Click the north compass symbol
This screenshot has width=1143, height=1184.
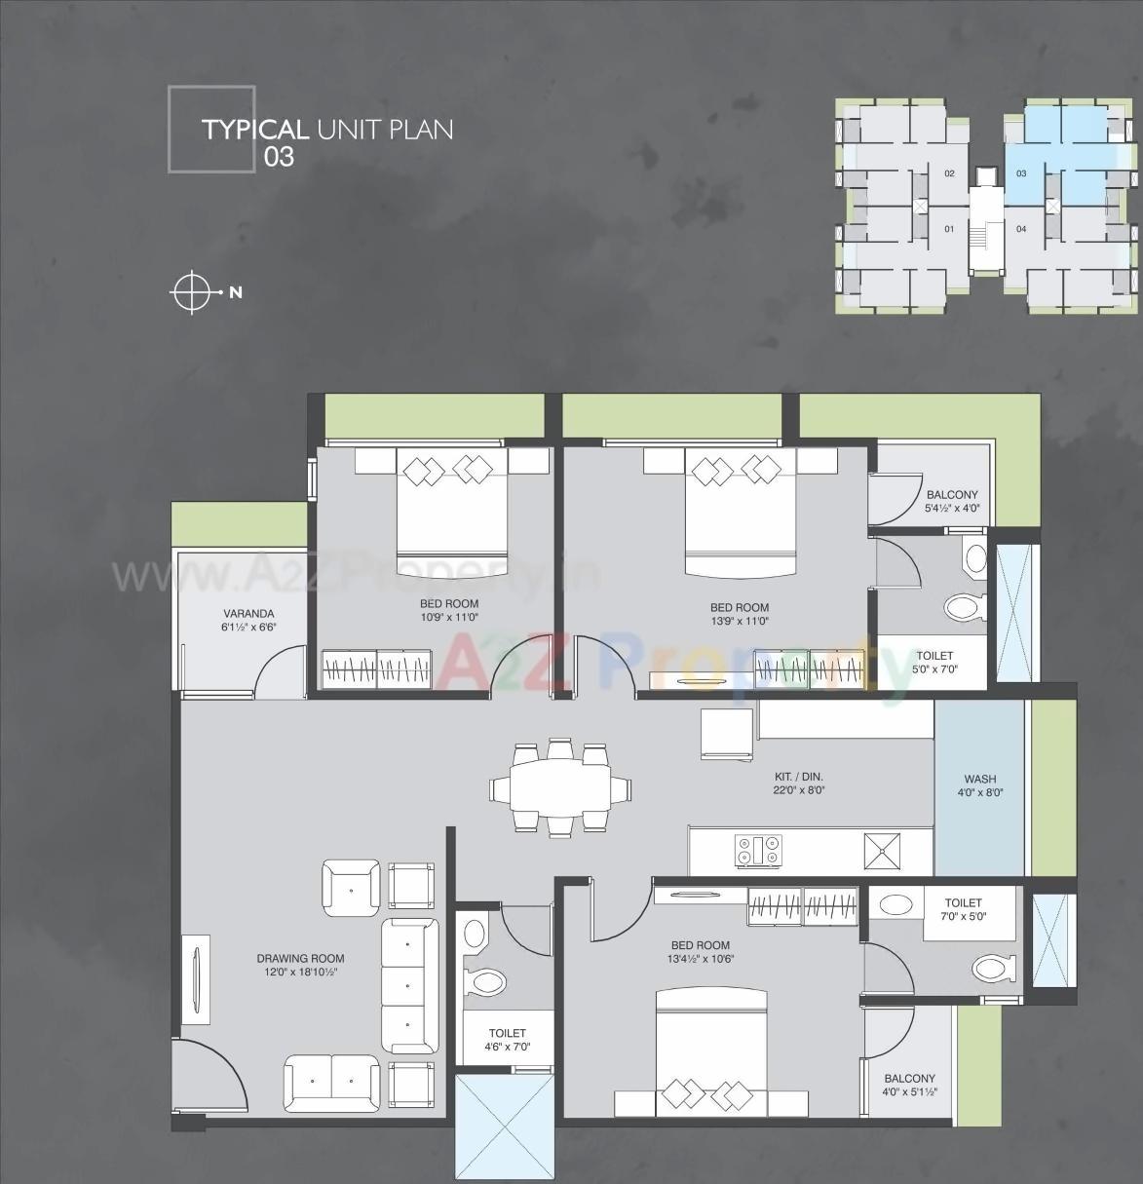click(x=193, y=291)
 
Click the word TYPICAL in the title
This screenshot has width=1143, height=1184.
click(x=254, y=130)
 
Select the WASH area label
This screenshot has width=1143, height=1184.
click(x=979, y=779)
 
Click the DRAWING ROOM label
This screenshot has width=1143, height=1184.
click(x=300, y=958)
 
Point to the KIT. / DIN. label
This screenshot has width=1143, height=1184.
click(x=799, y=777)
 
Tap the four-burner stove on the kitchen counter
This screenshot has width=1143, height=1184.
click(x=758, y=851)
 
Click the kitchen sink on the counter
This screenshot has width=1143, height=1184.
click(x=883, y=851)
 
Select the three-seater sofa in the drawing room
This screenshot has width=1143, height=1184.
click(x=409, y=984)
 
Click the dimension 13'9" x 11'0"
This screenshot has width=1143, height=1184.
click(x=740, y=620)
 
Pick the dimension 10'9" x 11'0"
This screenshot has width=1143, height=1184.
click(x=449, y=617)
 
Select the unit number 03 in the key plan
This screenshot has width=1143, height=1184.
click(x=1021, y=173)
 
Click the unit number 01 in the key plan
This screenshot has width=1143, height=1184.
click(x=948, y=229)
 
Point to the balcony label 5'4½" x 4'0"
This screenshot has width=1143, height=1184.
click(x=952, y=508)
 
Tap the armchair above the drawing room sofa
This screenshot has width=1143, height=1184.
click(x=351, y=887)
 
